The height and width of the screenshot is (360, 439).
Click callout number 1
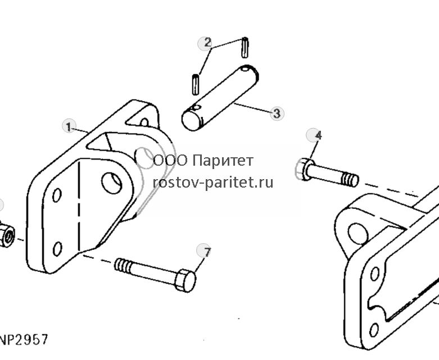click(69, 126)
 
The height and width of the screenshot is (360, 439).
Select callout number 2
click(207, 43)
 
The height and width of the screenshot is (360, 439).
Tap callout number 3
click(277, 113)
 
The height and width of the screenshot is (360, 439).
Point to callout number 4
click(313, 135)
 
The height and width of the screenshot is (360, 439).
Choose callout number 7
click(203, 252)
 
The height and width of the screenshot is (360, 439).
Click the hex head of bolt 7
click(185, 280)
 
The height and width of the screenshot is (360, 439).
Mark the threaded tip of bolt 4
click(351, 179)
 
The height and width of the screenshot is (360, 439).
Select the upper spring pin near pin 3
click(245, 47)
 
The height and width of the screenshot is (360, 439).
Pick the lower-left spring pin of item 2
click(196, 84)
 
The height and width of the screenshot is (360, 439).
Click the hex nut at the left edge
click(6, 234)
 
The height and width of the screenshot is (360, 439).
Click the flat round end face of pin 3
click(192, 121)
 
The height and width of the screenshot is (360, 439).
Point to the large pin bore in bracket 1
click(111, 183)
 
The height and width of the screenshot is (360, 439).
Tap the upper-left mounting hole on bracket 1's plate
click(57, 195)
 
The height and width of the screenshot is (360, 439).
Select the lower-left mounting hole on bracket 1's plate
click(57, 249)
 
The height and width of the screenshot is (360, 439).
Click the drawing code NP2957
click(24, 340)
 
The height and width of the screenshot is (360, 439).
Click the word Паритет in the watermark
click(223, 161)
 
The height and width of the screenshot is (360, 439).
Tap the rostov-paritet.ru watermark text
click(213, 183)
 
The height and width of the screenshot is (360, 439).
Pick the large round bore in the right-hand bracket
click(358, 234)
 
